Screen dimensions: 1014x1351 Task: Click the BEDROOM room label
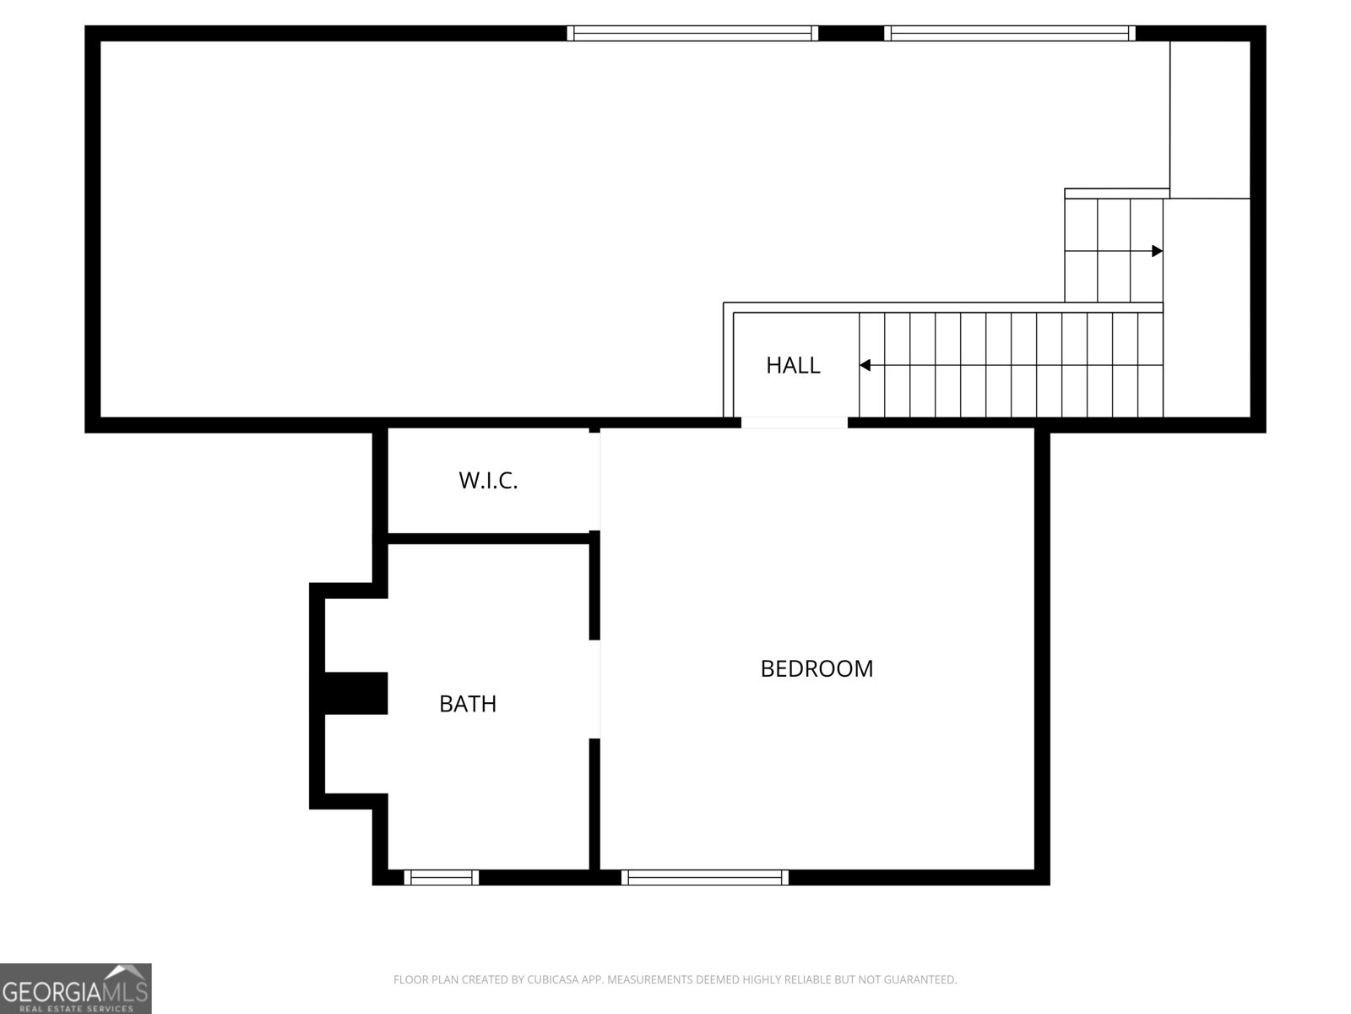point(817,668)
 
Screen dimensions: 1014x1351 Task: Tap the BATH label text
point(467,704)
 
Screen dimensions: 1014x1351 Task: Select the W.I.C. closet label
point(488,481)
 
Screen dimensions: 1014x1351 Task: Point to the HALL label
point(793,365)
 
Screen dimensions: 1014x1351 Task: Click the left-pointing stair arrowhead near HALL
point(865,365)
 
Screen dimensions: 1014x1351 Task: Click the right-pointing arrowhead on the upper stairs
point(1157,251)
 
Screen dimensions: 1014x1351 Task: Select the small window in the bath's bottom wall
point(441,877)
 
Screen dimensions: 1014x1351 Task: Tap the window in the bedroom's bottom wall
point(705,877)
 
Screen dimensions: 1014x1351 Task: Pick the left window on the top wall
point(692,33)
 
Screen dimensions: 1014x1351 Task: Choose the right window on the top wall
point(1009,33)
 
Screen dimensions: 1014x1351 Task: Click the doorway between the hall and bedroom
point(795,422)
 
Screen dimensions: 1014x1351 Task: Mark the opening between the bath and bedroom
point(595,689)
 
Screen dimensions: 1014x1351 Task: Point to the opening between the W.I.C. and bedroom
point(595,481)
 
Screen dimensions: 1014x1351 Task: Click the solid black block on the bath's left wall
point(355,693)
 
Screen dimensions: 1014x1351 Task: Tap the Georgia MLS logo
point(75,988)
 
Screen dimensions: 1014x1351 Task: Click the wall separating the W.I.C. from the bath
point(488,538)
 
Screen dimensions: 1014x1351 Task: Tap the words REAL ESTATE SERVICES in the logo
point(77,1007)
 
